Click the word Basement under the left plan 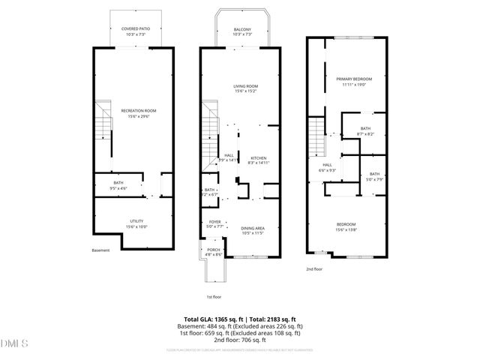[x=100, y=250]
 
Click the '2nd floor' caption [x=313, y=268]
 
